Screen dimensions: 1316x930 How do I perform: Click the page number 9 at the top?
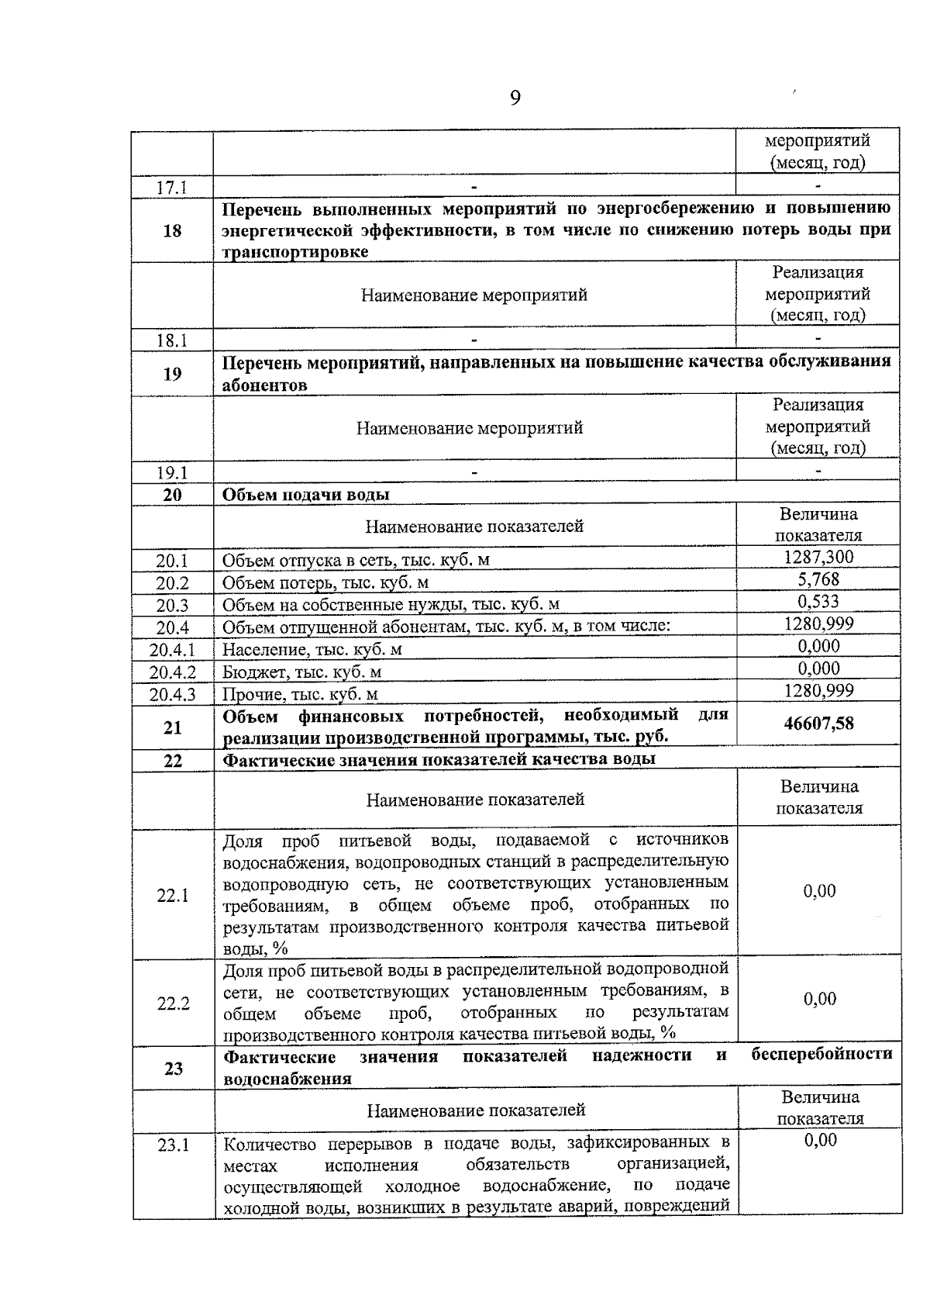click(515, 98)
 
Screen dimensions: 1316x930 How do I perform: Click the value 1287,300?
click(818, 557)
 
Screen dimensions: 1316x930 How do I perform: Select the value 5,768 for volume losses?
click(818, 579)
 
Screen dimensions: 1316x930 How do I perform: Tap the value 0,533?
click(818, 602)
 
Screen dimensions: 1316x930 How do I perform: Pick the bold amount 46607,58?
click(818, 724)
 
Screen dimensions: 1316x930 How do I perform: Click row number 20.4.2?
click(172, 672)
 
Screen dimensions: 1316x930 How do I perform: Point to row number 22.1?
click(173, 896)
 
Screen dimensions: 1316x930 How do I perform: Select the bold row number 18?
click(172, 230)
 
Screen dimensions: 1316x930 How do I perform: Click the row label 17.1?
click(172, 188)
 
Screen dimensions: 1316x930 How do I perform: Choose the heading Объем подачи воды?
click(306, 495)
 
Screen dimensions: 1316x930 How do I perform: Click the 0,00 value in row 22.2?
click(819, 999)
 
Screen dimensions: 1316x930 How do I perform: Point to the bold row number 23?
click(173, 1069)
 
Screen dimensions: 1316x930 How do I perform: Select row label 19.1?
click(172, 473)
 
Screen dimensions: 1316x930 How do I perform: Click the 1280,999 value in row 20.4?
click(818, 623)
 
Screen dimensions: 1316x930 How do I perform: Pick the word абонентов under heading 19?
click(264, 385)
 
